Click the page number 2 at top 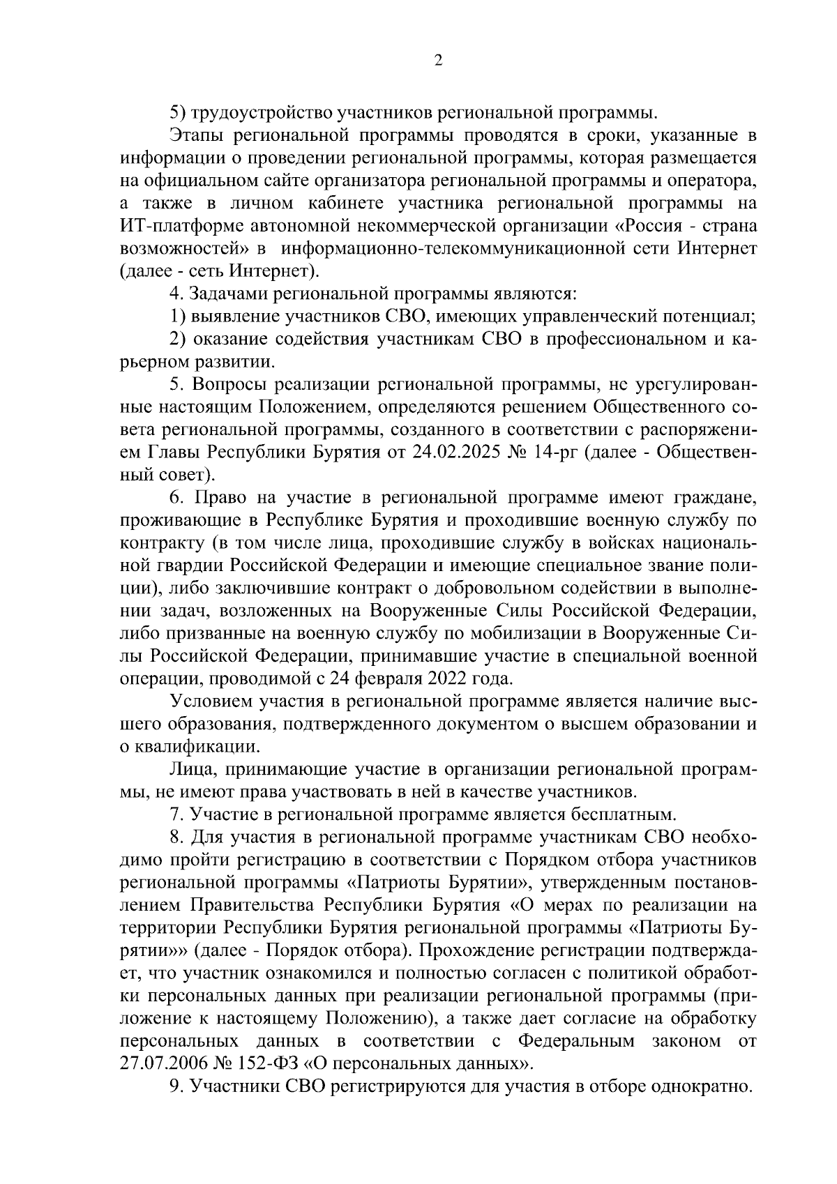point(438,61)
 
